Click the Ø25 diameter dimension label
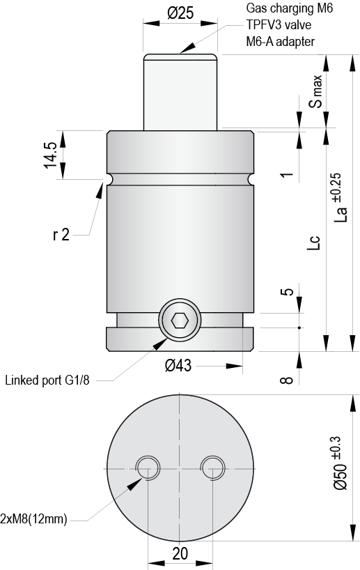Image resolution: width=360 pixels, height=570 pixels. pyautogui.click(x=180, y=13)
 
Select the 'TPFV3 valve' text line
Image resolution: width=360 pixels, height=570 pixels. pyautogui.click(x=278, y=25)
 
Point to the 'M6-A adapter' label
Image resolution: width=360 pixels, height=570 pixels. pyautogui.click(x=281, y=42)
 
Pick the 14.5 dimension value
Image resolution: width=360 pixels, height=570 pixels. pyautogui.click(x=49, y=154)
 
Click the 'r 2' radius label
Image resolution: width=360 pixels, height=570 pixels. pyautogui.click(x=61, y=235)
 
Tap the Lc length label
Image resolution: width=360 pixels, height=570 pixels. pyautogui.click(x=315, y=241)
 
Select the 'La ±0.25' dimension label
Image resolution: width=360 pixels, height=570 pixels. pyautogui.click(x=339, y=197)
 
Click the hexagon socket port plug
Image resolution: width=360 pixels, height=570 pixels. pyautogui.click(x=180, y=321)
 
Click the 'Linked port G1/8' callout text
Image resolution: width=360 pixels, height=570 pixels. pyautogui.click(x=48, y=380)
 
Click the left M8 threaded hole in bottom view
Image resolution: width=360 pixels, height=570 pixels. pyautogui.click(x=148, y=468)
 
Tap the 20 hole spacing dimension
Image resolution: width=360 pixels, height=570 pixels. pyautogui.click(x=180, y=554)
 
